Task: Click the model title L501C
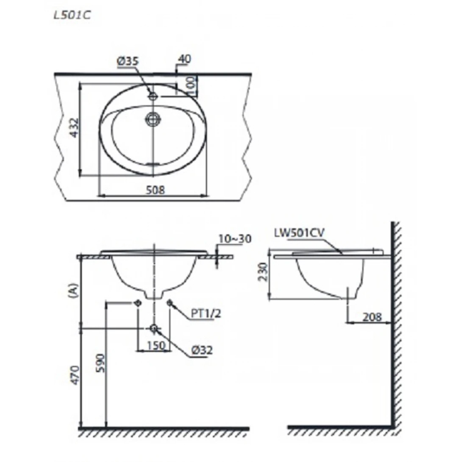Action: coord(72,16)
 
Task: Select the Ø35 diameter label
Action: coord(127,61)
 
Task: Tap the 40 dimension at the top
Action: coord(184,59)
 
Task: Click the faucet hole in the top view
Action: coord(152,96)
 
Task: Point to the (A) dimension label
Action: coord(73,291)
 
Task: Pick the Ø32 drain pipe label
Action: coord(202,350)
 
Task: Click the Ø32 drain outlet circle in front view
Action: coord(153,328)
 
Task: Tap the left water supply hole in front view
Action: coord(137,303)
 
